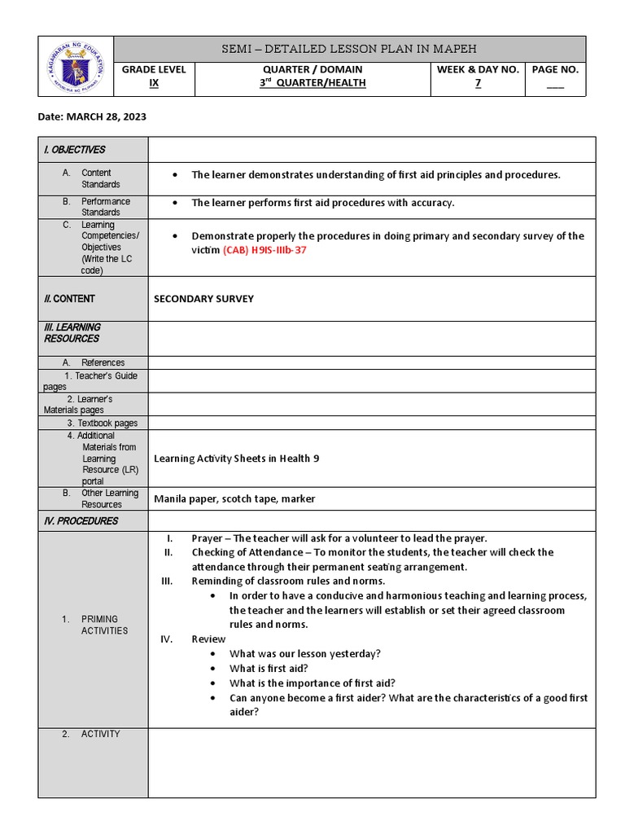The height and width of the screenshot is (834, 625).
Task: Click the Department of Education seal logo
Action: point(76,66)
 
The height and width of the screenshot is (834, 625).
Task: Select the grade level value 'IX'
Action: point(154,83)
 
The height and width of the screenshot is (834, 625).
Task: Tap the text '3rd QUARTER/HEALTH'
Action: point(312,83)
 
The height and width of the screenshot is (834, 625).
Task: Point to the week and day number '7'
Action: point(478,83)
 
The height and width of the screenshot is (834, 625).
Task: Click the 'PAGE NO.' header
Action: point(555,70)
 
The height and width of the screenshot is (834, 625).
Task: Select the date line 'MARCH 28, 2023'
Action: point(92,116)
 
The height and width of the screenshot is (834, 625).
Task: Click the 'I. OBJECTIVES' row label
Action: point(75,150)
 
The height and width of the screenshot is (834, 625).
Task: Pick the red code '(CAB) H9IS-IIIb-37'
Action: point(264,251)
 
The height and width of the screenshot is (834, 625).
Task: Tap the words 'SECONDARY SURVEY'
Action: point(203,299)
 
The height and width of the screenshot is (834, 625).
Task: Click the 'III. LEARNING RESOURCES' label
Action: point(72,332)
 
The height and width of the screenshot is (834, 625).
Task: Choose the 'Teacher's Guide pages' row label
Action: point(91,381)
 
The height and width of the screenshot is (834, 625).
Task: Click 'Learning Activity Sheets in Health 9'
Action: point(236,459)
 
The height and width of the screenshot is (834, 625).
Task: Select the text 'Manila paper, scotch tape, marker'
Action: point(234,498)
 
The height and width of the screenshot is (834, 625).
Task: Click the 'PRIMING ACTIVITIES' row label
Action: point(103,625)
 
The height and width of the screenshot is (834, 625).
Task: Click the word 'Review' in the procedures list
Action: point(208,639)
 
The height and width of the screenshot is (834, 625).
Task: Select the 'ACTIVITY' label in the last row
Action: point(100,734)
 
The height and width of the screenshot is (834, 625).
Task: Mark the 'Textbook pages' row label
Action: point(102,424)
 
